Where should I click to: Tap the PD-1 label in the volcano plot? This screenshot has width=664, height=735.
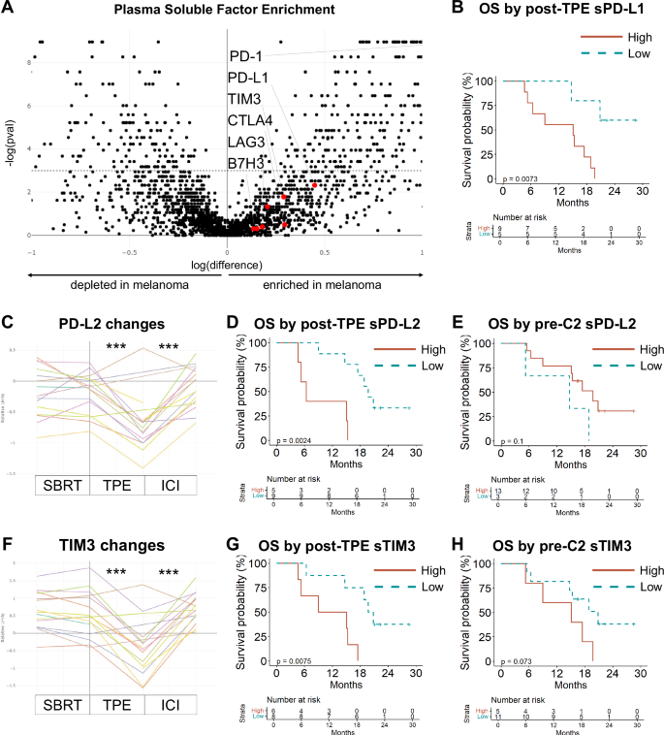click(x=246, y=55)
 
